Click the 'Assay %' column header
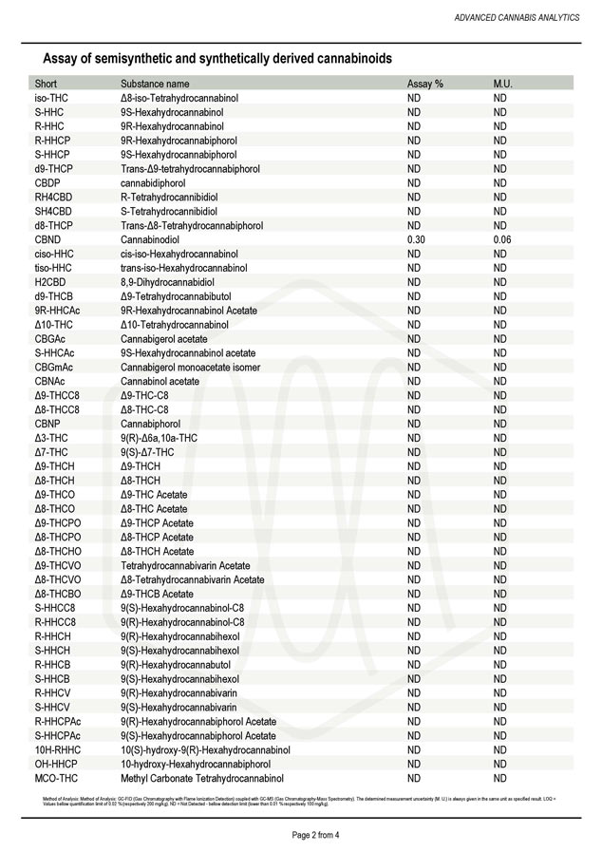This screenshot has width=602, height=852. point(424,84)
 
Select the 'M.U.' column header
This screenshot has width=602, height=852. point(503,84)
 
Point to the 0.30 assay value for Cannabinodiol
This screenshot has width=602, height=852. point(416,239)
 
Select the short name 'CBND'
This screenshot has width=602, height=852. point(47,239)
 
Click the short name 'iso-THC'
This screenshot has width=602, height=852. point(51,98)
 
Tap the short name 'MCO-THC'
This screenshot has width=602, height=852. point(56,778)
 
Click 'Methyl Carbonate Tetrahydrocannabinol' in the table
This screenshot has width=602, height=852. point(203,778)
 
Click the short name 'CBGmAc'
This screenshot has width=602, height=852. point(53,367)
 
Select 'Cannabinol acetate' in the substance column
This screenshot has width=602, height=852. point(160,381)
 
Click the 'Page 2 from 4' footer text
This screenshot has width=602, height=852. point(300,835)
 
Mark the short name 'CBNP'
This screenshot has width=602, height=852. point(47,424)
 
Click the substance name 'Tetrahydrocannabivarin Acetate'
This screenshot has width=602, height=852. point(185,565)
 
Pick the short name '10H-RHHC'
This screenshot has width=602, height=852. point(57,749)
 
